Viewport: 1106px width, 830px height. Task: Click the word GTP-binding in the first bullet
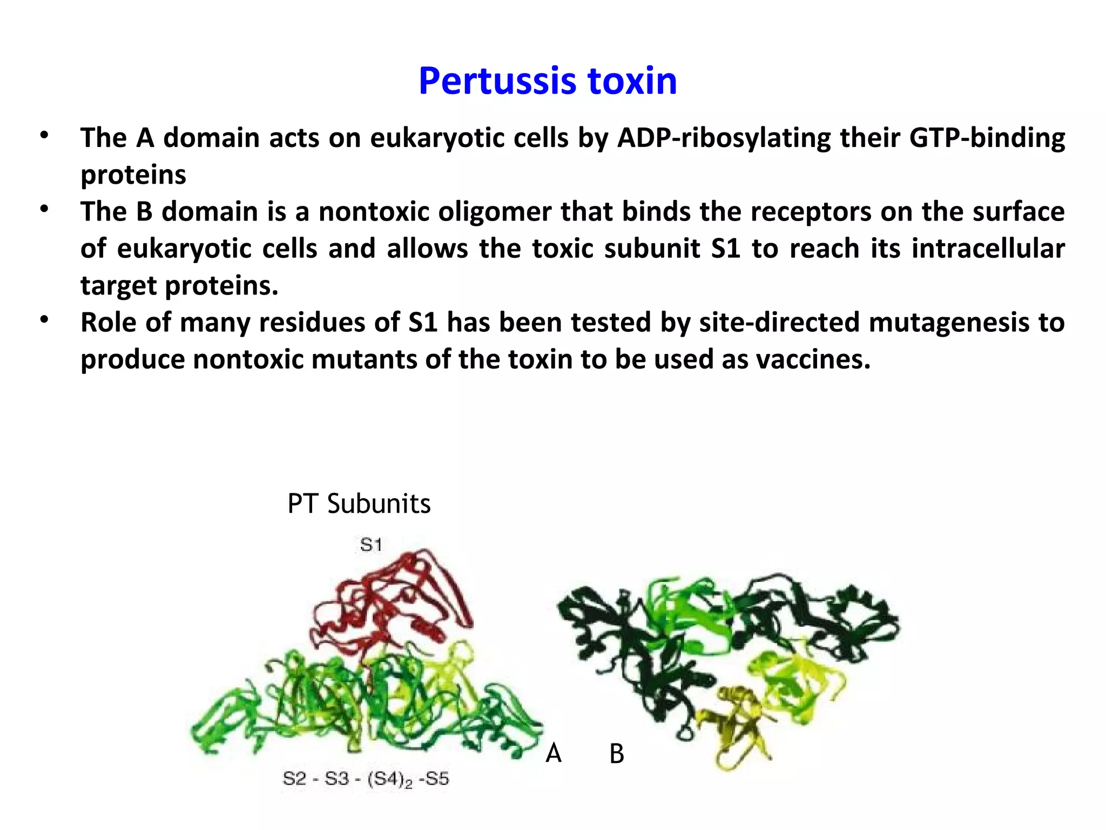click(x=987, y=138)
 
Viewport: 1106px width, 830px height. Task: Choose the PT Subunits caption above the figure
click(x=359, y=504)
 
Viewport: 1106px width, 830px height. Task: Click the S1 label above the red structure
click(x=371, y=545)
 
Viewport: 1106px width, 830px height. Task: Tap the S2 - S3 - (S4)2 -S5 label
click(x=366, y=779)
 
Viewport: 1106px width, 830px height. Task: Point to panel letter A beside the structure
click(x=554, y=753)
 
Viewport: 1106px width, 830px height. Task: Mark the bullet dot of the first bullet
click(x=44, y=135)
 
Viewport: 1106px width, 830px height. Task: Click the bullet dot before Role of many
click(x=44, y=320)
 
